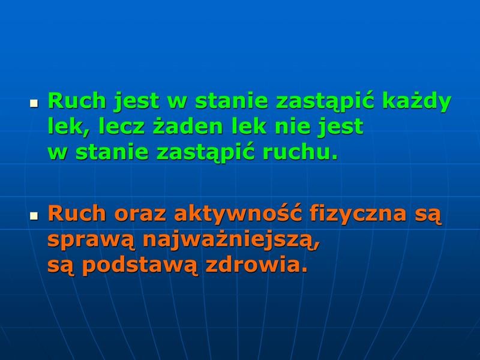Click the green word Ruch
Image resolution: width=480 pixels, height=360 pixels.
pyautogui.click(x=77, y=101)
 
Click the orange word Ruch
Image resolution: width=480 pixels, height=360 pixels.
pyautogui.click(x=77, y=213)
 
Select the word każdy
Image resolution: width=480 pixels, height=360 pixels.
pyautogui.click(x=416, y=103)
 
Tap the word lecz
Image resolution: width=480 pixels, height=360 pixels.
pyautogui.click(x=121, y=126)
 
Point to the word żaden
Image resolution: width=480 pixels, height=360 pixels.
pyautogui.click(x=188, y=126)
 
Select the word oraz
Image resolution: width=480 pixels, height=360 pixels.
pyautogui.click(x=140, y=214)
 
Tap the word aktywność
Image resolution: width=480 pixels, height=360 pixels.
pyautogui.click(x=238, y=213)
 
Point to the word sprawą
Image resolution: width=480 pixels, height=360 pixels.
pyautogui.click(x=91, y=241)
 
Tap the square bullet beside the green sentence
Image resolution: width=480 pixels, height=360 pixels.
pyautogui.click(x=34, y=103)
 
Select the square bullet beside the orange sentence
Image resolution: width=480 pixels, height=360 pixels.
pyautogui.click(x=34, y=217)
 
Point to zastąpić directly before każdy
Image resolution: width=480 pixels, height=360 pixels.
pyautogui.click(x=325, y=102)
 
